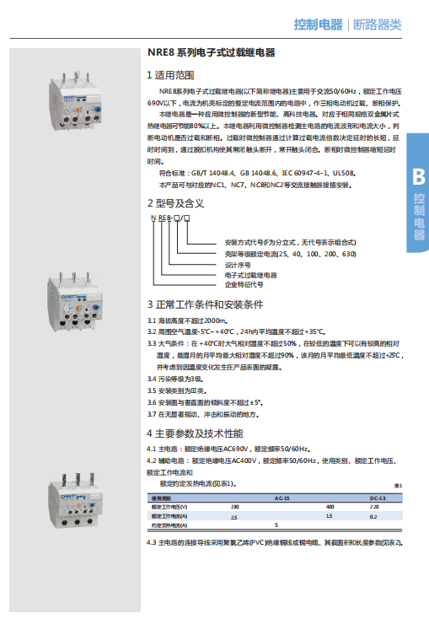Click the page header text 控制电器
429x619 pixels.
pyautogui.click(x=319, y=24)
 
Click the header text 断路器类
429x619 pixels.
pyautogui.click(x=376, y=24)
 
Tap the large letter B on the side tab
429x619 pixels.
pyautogui.click(x=418, y=177)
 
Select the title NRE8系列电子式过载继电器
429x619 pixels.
pyautogui.click(x=211, y=52)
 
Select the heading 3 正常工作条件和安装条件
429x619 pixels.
pyautogui.click(x=206, y=304)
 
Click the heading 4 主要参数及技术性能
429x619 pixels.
pyautogui.click(x=195, y=433)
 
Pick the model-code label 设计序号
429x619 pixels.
pyautogui.click(x=239, y=264)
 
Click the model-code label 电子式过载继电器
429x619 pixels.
pyautogui.click(x=251, y=274)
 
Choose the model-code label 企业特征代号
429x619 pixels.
pyautogui.click(x=244, y=284)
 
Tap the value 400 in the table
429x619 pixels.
pyautogui.click(x=330, y=506)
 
